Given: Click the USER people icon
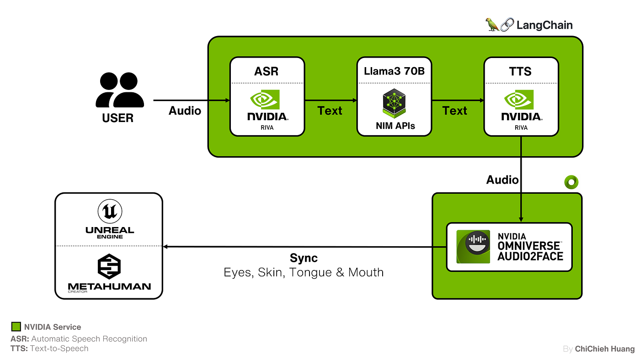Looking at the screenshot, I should click(x=120, y=90).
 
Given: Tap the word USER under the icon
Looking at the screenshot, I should click(x=118, y=118).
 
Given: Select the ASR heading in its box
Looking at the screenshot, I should click(x=267, y=71).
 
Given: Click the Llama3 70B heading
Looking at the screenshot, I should click(x=394, y=71).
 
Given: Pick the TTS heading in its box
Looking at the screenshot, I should click(x=521, y=71).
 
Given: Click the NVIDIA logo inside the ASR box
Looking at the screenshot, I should click(x=267, y=105).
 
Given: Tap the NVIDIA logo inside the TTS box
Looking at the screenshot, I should click(x=521, y=105).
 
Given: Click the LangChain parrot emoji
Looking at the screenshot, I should click(x=492, y=25).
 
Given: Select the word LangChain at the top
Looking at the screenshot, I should click(x=544, y=25).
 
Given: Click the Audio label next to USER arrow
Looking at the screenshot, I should click(x=185, y=111).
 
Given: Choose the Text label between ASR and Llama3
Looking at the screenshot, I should click(x=330, y=111).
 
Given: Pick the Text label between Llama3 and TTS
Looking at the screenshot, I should click(x=455, y=111).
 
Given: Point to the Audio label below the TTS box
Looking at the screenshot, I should click(x=502, y=180).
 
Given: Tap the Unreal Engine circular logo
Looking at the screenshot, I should click(x=110, y=212).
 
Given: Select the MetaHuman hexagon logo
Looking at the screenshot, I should click(x=109, y=267).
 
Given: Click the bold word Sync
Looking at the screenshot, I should click(x=304, y=258).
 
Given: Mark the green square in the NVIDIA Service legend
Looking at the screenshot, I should click(x=16, y=327).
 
